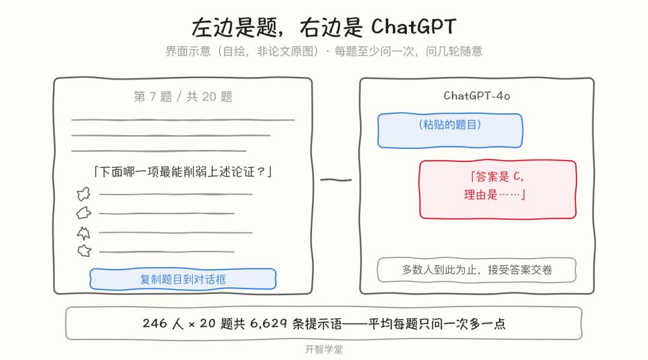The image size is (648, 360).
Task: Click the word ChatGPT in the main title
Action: pos(413,26)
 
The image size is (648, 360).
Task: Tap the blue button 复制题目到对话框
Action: pos(182,279)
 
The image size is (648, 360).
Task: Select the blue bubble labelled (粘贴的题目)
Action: pos(450,130)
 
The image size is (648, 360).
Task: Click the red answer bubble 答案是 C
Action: pos(497,189)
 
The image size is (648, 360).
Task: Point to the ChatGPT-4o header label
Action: pos(477,96)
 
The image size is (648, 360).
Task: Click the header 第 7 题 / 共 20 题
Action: pos(183,97)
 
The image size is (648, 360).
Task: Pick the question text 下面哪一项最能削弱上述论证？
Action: pos(182,172)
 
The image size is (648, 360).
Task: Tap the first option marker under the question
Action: pos(83,194)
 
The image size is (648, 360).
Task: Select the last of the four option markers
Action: pos(85,250)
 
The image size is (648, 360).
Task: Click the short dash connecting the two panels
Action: pos(336,180)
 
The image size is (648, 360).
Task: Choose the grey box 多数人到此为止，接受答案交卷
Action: pos(476,270)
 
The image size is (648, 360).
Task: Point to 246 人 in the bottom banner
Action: pos(163,323)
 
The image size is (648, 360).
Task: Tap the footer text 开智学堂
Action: pos(324,350)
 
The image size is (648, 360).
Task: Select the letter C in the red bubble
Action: pos(517,177)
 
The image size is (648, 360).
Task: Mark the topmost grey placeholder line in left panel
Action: pos(182,120)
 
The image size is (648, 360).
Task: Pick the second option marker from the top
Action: pos(84,213)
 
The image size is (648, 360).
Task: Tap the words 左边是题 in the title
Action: pos(235,27)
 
